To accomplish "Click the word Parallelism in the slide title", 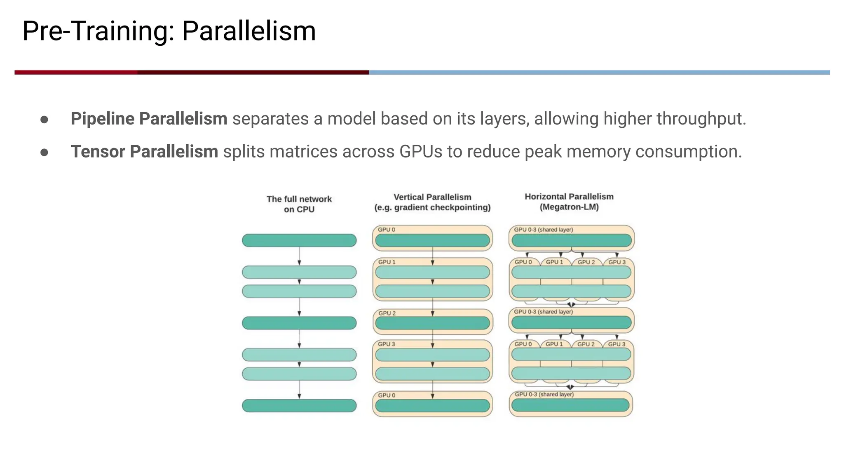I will point(249,31).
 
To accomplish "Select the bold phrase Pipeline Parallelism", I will point(149,119).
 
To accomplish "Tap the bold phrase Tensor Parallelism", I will point(144,151).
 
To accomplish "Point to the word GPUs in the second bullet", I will point(421,151).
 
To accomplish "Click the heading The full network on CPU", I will point(299,204).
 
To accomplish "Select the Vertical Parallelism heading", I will point(432,197).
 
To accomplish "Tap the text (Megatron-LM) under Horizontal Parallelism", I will point(569,207).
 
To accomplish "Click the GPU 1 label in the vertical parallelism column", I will point(387,262).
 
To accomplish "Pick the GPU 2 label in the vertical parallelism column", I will point(387,313).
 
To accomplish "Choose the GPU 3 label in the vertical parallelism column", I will point(387,344).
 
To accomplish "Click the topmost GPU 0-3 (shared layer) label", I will point(543,230).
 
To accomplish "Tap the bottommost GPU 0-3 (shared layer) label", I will point(544,395).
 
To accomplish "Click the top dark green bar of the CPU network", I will point(299,240).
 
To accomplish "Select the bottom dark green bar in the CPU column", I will point(299,406).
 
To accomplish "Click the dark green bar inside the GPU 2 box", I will point(432,323).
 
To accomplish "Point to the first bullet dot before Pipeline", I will point(45,120).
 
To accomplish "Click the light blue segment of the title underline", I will point(598,73).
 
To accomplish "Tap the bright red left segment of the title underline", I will point(76,73).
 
